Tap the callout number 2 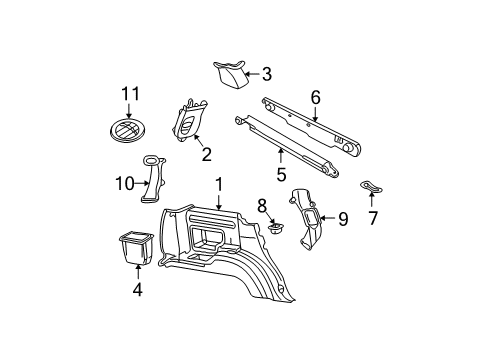(207, 154)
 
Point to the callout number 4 (138, 290)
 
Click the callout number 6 (315, 97)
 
